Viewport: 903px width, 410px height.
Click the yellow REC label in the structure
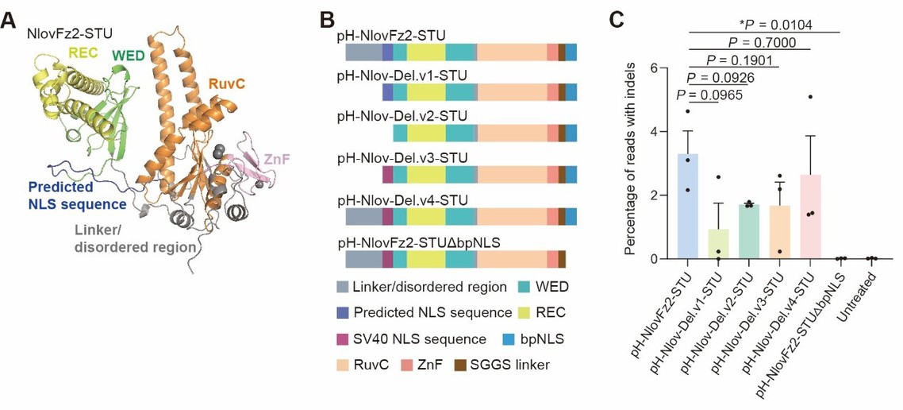tap(85, 52)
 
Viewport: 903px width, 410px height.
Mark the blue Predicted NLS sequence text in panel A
tap(76, 196)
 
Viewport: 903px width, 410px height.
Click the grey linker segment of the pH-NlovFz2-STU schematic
tap(363, 52)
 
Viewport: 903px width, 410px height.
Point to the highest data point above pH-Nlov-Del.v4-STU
tap(809, 97)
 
